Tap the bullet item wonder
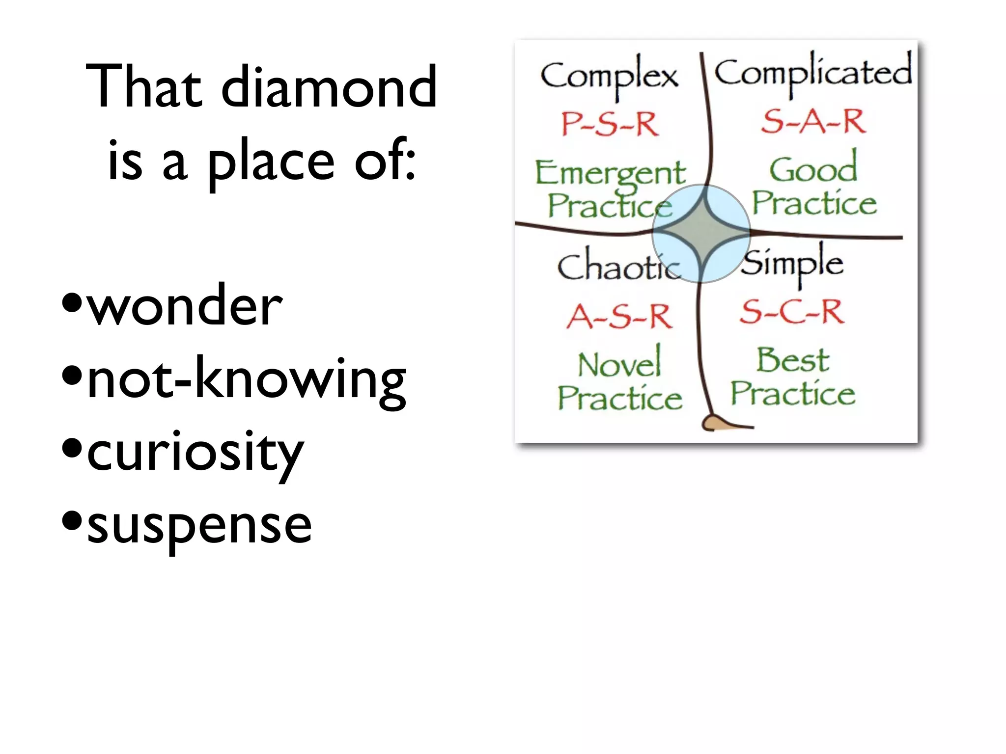184,306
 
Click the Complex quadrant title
609,76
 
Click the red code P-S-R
610,124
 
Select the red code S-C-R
792,311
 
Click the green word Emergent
610,173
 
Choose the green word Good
813,169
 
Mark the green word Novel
619,364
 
